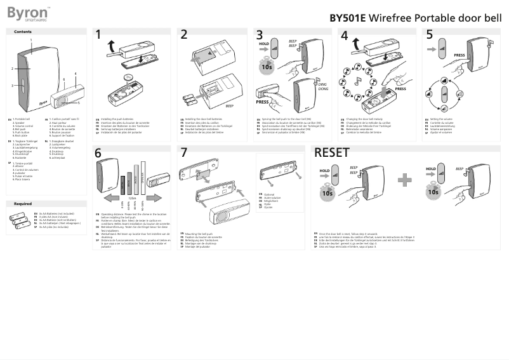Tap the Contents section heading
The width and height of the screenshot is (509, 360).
pos(23,32)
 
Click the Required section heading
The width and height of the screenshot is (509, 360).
pos(23,204)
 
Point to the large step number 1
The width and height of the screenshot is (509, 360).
pos(98,36)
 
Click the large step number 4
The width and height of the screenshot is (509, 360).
pos(345,36)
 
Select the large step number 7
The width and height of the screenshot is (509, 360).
pos(184,153)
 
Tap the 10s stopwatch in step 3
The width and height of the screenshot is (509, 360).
pos(267,65)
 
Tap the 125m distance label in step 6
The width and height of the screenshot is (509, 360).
pos(132,197)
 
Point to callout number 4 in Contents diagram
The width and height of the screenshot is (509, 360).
pos(76,74)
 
